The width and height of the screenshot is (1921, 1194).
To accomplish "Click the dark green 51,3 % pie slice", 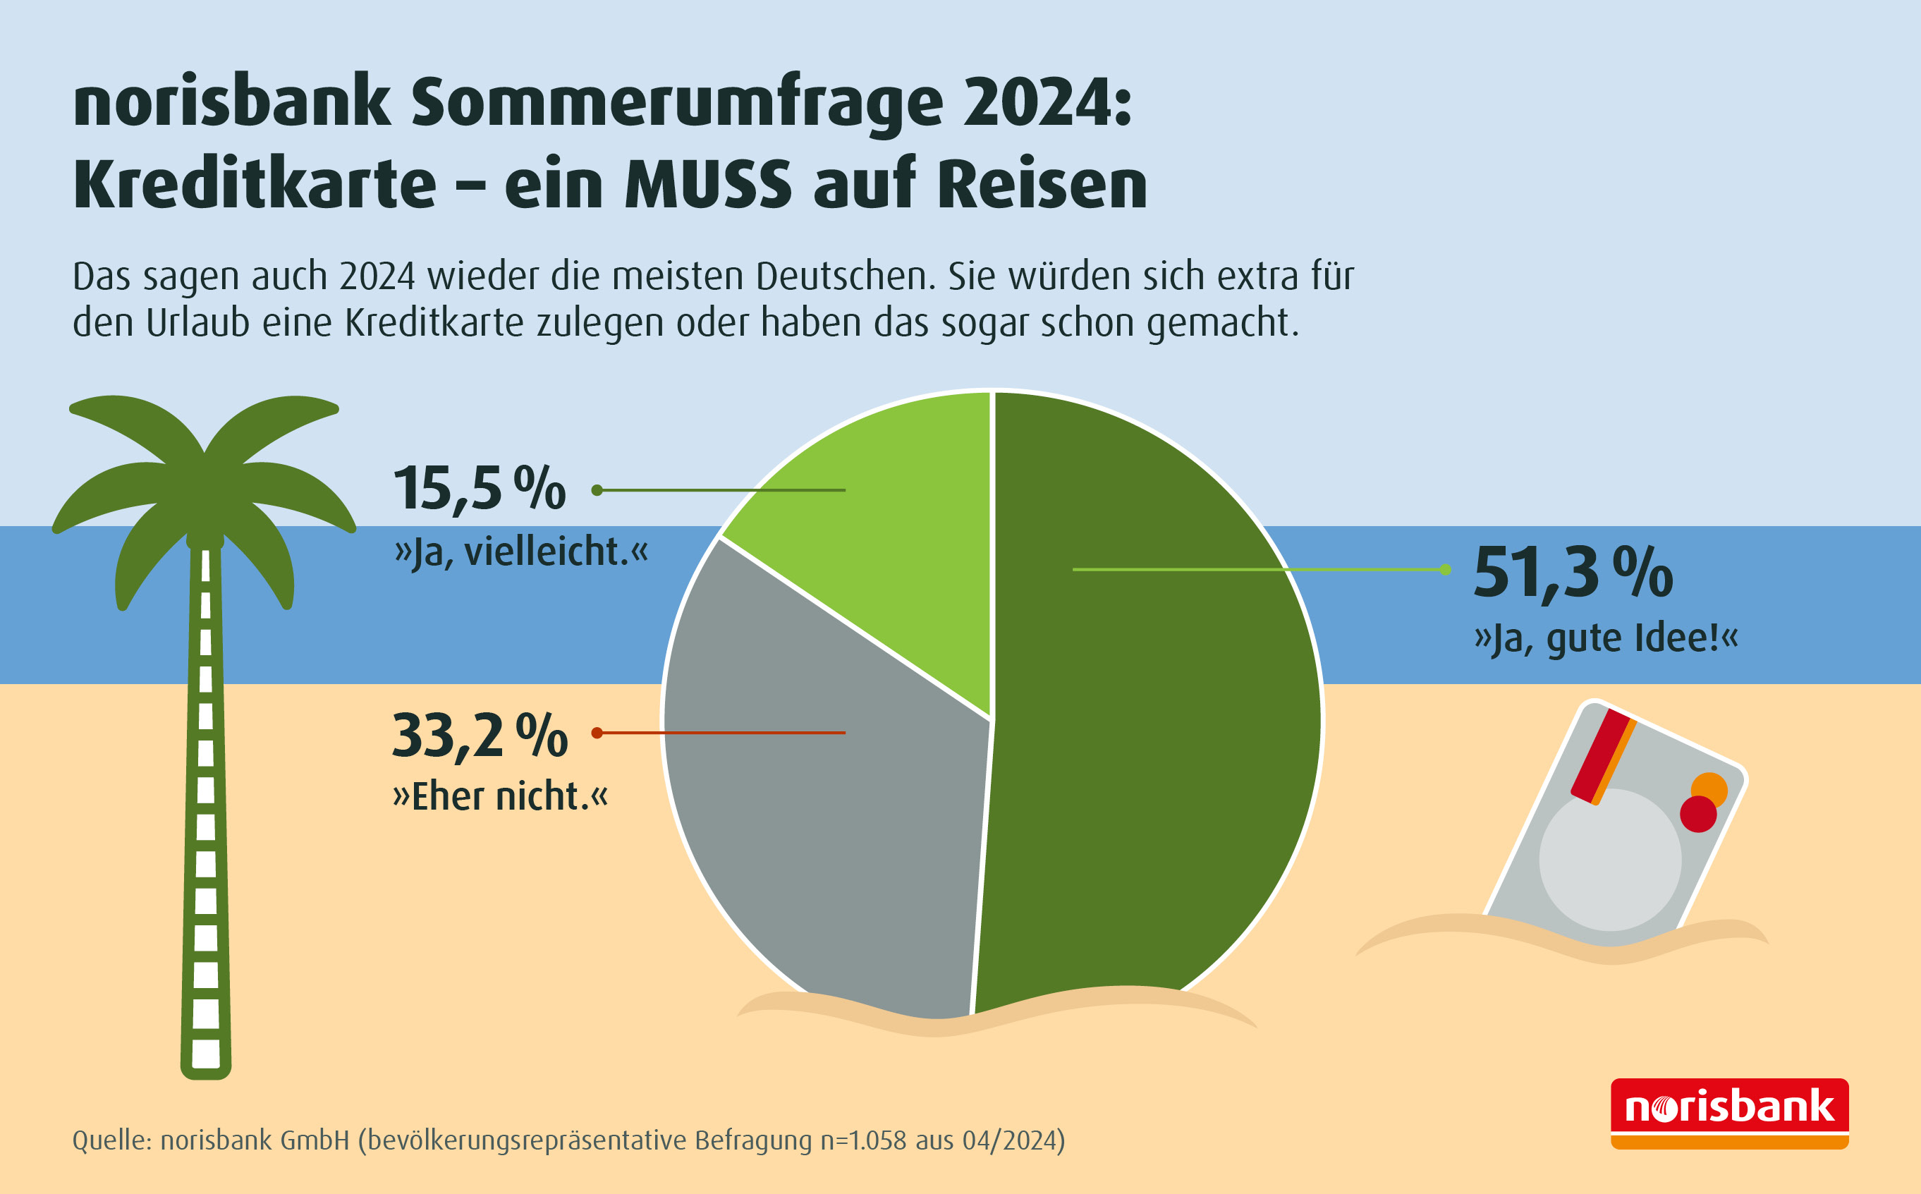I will (x=1153, y=711).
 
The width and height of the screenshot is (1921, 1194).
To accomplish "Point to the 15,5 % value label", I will (x=480, y=489).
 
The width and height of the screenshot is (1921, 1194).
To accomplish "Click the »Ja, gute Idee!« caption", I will (x=1606, y=638).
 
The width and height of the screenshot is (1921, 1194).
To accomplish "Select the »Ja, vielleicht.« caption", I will (x=521, y=552).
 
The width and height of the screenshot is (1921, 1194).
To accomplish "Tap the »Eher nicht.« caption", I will (x=501, y=796).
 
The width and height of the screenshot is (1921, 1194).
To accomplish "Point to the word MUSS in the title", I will (x=708, y=185).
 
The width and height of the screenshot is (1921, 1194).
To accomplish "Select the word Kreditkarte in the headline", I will (x=255, y=185).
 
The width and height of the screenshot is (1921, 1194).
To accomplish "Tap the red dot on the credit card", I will (x=1697, y=814).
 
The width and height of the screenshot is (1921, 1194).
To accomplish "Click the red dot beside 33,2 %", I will (x=597, y=733).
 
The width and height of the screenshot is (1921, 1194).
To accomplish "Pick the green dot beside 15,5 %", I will (x=597, y=490).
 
